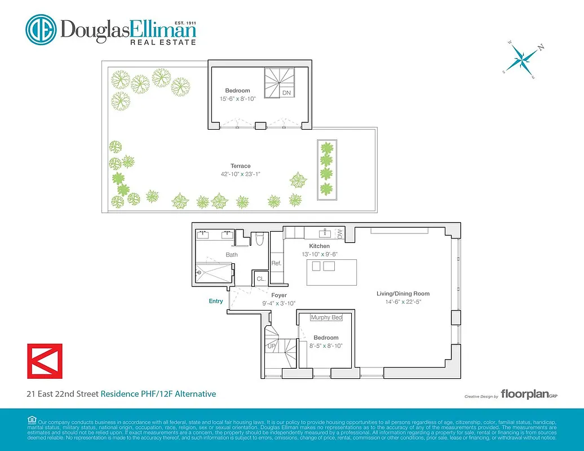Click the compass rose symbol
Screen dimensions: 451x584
(522, 58)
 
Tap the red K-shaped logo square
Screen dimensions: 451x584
(45, 361)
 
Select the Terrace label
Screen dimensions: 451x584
(240, 166)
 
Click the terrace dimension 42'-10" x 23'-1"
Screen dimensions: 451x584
(240, 174)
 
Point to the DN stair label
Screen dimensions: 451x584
(286, 92)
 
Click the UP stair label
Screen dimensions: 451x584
(271, 346)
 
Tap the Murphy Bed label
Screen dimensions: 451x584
(326, 317)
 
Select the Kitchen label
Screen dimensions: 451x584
(319, 246)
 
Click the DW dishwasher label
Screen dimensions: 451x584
(339, 232)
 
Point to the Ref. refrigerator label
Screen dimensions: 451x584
(276, 263)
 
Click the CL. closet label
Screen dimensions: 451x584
(261, 278)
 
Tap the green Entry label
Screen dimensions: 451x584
(216, 301)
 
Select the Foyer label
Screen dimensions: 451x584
(279, 295)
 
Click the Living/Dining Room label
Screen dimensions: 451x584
(403, 294)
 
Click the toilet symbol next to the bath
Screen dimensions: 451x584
(260, 240)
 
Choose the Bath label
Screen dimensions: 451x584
(232, 255)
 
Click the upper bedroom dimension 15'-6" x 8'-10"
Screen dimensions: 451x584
(237, 99)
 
